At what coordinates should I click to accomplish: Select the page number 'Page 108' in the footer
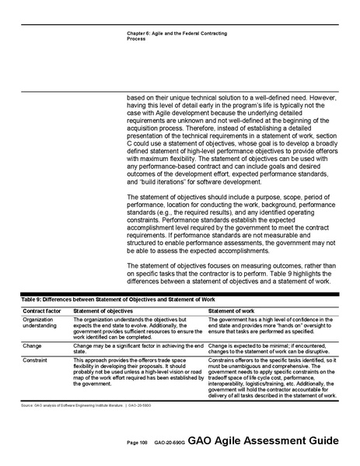[138, 443]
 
